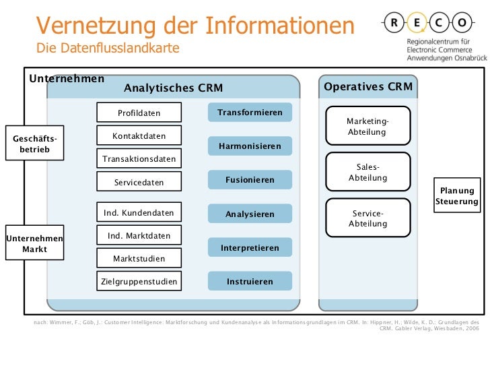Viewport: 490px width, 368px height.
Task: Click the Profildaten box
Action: (139, 113)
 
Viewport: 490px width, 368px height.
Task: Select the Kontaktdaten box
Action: (139, 136)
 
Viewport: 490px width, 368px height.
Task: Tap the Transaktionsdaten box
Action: (139, 159)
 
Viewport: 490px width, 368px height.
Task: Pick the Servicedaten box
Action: (139, 182)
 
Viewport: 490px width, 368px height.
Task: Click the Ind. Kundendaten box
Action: (139, 213)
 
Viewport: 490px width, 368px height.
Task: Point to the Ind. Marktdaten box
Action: (139, 236)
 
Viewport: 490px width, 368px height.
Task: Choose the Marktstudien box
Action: (139, 258)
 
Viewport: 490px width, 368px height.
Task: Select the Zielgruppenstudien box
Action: (139, 281)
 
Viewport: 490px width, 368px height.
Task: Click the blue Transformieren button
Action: (250, 113)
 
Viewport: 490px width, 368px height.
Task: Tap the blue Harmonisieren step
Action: (250, 146)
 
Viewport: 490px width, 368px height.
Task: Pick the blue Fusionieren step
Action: (250, 180)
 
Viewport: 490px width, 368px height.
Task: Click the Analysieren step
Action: (250, 214)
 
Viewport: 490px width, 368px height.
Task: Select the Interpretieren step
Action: (250, 248)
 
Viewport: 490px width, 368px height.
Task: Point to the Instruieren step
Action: (250, 281)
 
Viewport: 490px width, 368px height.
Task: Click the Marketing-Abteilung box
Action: (367, 126)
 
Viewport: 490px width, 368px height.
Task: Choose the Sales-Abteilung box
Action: (367, 173)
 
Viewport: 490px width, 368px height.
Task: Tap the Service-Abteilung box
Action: (367, 218)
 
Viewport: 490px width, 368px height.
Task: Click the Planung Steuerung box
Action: (457, 196)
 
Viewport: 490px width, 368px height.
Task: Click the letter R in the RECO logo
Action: (394, 22)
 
